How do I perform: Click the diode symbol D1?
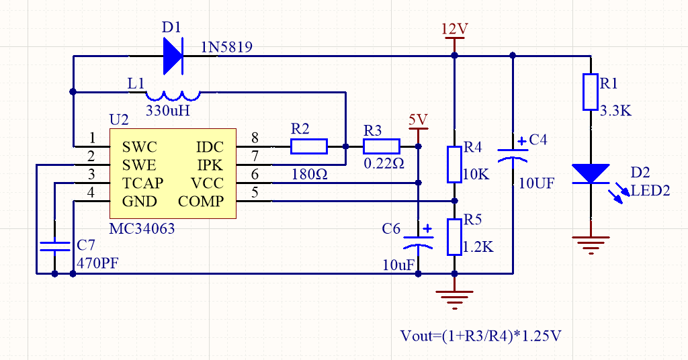(173, 56)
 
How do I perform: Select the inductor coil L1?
(173, 95)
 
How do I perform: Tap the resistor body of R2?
(309, 146)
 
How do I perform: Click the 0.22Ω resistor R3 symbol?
(382, 146)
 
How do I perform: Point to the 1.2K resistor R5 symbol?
(455, 237)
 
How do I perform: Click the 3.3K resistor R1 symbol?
(590, 92)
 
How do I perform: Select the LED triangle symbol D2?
(590, 173)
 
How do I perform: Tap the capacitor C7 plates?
(54, 246)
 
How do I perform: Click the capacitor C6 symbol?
(418, 241)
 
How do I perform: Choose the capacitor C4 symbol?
(513, 154)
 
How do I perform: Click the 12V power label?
(455, 29)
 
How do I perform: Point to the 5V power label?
(418, 120)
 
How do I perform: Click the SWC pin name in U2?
(140, 147)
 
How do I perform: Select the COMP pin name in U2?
(201, 201)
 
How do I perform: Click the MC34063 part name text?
(142, 229)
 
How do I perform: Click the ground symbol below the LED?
(590, 243)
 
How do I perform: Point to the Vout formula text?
(480, 336)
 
